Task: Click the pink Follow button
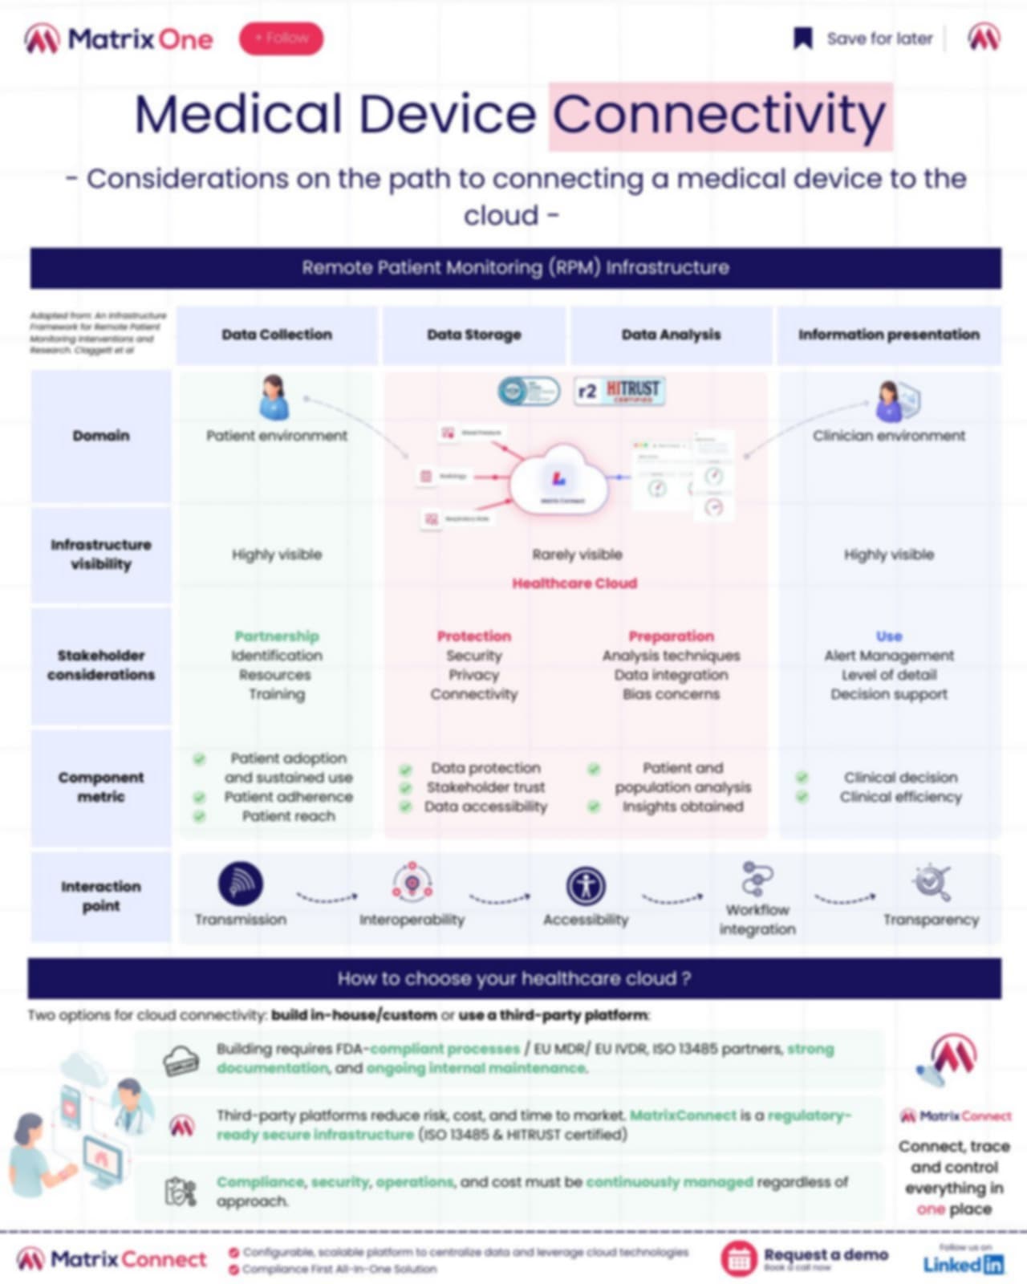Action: pyautogui.click(x=281, y=39)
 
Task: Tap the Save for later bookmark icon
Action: pyautogui.click(x=802, y=39)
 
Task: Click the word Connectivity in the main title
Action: pyautogui.click(x=720, y=115)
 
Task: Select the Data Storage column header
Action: pyautogui.click(x=473, y=335)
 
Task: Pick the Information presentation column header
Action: pyautogui.click(x=888, y=335)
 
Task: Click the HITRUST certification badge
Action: pyautogui.click(x=619, y=391)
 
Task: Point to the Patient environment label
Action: pyautogui.click(x=277, y=436)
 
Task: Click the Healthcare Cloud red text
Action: pyautogui.click(x=574, y=583)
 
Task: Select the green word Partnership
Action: pyautogui.click(x=277, y=636)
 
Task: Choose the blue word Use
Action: pyautogui.click(x=889, y=636)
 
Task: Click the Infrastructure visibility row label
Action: pyautogui.click(x=101, y=555)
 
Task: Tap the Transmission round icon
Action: pyautogui.click(x=241, y=884)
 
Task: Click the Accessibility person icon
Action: pyautogui.click(x=586, y=886)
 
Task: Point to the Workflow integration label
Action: pyautogui.click(x=757, y=920)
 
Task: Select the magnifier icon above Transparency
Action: pyautogui.click(x=931, y=882)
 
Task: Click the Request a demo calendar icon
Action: pyautogui.click(x=738, y=1258)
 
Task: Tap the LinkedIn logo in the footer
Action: pyautogui.click(x=963, y=1265)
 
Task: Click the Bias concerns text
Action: pyautogui.click(x=671, y=694)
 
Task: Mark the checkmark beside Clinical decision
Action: pyautogui.click(x=802, y=778)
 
